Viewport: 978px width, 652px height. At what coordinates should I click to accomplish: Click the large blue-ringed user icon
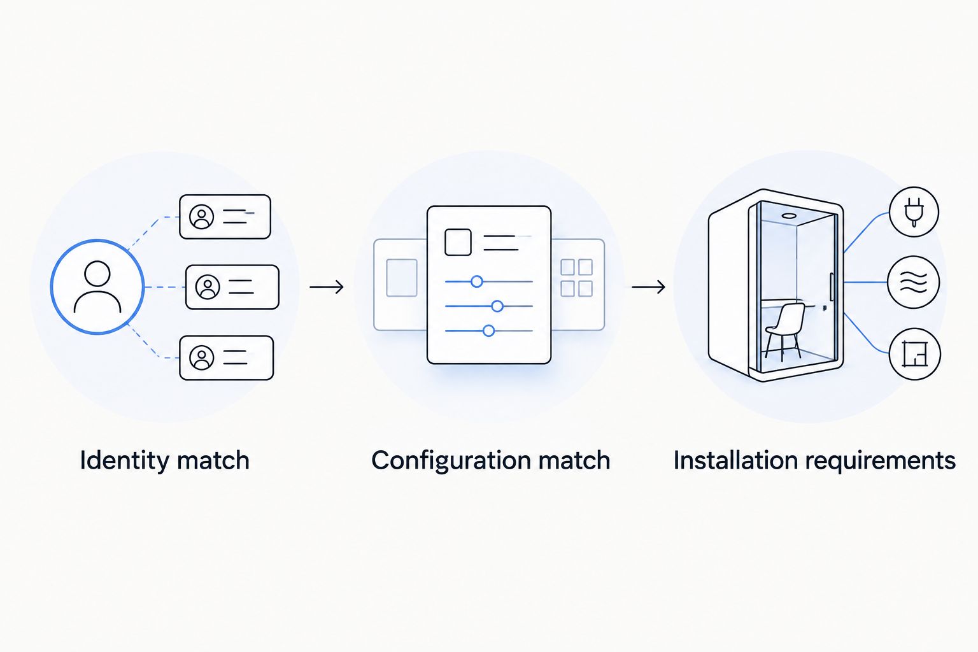97,287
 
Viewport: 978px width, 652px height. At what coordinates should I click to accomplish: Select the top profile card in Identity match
225,216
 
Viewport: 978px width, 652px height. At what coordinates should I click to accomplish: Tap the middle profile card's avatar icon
208,287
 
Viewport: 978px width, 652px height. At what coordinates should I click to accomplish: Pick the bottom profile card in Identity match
226,358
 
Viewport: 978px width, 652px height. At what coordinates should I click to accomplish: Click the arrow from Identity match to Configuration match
327,287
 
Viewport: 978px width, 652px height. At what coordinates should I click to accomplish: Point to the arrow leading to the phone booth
648,287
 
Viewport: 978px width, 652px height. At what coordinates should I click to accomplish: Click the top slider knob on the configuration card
477,281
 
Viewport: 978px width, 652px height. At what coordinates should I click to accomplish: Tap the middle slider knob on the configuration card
497,306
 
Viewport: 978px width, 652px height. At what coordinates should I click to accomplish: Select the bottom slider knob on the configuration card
488,330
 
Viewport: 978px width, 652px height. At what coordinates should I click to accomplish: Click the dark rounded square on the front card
458,242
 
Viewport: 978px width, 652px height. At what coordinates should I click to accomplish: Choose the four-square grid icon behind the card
576,278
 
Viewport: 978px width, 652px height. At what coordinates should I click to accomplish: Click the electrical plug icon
914,212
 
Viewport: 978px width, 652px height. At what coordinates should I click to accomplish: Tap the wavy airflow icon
914,282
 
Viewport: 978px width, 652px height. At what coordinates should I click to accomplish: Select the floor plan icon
915,354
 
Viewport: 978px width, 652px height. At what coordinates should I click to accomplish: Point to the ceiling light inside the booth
788,216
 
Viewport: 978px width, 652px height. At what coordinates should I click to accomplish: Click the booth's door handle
832,287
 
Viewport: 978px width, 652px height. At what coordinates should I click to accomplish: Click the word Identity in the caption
124,462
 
